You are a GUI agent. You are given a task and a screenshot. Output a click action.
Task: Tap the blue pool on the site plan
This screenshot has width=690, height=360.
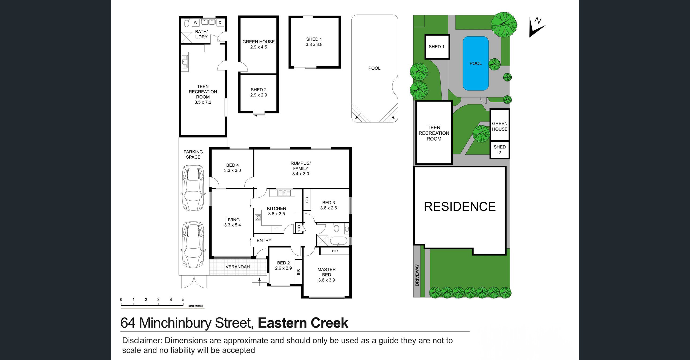[x=475, y=63]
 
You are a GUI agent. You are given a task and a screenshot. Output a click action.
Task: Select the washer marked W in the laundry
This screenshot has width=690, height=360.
[x=196, y=23]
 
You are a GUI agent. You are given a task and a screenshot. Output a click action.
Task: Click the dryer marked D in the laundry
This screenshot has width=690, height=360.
[x=220, y=23]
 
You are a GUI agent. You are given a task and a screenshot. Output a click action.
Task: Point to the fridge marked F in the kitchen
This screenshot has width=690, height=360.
[x=276, y=229]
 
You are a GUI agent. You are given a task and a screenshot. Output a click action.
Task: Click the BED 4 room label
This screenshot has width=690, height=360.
[x=232, y=165]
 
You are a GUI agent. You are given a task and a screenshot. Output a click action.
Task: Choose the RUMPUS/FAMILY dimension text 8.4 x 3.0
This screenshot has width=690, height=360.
[x=301, y=174]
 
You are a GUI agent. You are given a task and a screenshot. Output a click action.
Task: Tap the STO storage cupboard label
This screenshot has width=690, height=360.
[x=299, y=228]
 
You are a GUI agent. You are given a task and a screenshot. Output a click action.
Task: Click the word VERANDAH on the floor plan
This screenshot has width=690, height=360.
[x=238, y=267]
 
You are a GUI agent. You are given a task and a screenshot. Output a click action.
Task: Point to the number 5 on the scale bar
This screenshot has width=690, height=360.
[x=183, y=299]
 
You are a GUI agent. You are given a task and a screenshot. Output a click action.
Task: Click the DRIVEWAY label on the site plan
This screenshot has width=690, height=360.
[x=417, y=275]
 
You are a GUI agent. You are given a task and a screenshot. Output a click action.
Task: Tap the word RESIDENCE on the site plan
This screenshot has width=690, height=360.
[x=460, y=207]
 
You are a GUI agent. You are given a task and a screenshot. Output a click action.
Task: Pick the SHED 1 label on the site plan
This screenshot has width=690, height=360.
[x=436, y=47]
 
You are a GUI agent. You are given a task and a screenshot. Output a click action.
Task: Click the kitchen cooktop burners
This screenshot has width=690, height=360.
[x=258, y=217]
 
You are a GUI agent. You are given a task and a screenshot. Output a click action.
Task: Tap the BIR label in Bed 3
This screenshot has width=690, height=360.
[x=307, y=200]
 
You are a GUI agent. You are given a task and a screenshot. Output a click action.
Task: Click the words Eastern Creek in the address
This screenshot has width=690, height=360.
[x=303, y=323]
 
